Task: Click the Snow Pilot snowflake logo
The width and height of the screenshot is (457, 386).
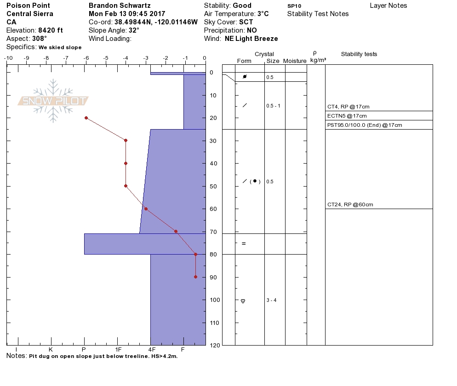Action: (53, 101)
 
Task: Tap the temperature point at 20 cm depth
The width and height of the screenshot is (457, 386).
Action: (86, 118)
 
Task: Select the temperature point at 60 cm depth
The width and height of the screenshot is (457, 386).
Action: (146, 209)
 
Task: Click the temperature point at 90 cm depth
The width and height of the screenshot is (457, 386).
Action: (195, 277)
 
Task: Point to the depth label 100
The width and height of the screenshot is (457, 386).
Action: (215, 300)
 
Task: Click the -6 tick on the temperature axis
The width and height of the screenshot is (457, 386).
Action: (86, 58)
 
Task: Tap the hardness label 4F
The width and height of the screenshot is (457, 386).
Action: (152, 350)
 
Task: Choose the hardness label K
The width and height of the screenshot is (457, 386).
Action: (51, 350)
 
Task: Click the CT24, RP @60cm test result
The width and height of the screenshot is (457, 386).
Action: (350, 204)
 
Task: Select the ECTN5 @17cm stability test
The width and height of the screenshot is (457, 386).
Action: (347, 116)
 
